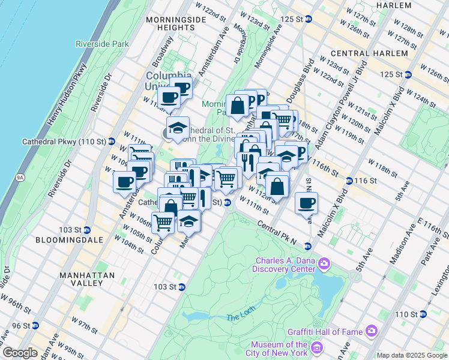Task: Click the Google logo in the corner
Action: coord(20,353)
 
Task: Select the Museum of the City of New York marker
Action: coord(318,348)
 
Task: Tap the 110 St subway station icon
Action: coord(423,314)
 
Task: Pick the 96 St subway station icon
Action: coord(35,325)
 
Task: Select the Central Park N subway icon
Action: coord(307,246)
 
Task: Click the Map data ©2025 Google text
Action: coord(411,355)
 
